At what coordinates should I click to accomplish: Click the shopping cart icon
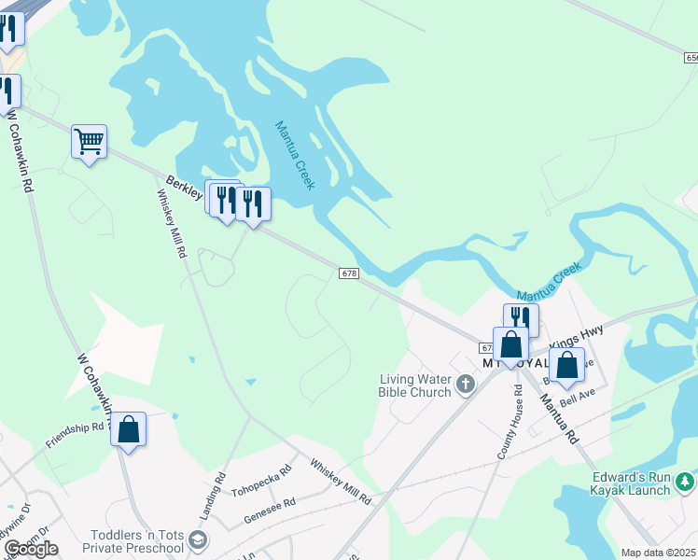click(x=89, y=142)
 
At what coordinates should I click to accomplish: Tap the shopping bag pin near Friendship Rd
click(x=129, y=430)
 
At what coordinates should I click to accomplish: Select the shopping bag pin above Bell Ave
click(x=566, y=365)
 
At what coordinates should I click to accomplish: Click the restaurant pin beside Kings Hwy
click(x=521, y=318)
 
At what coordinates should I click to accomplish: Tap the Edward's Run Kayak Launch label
click(x=631, y=483)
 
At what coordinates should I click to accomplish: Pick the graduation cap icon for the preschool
click(x=197, y=540)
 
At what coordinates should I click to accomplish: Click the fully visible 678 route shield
click(x=348, y=273)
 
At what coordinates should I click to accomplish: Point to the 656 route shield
click(x=690, y=59)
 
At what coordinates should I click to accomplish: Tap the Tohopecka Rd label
click(x=262, y=479)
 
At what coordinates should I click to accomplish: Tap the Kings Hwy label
click(x=577, y=336)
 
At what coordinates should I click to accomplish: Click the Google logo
click(x=31, y=549)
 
